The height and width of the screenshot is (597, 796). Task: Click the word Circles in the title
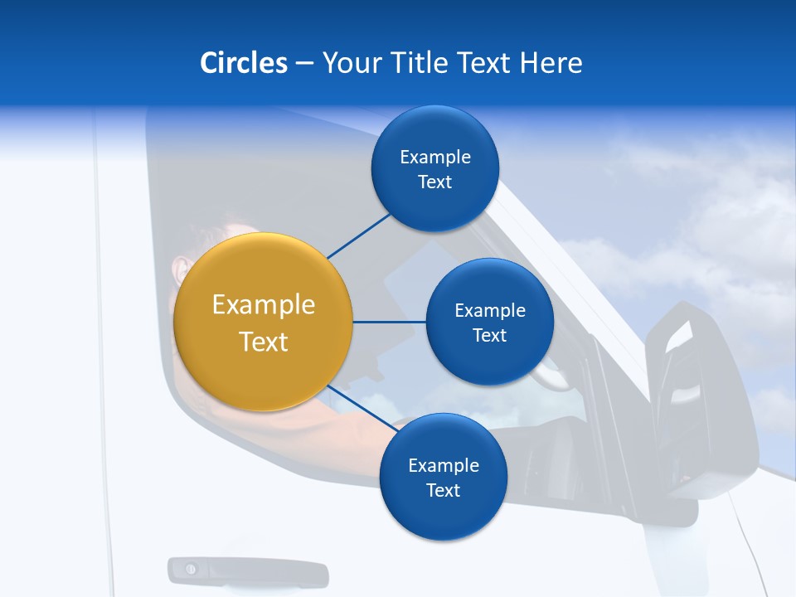[x=244, y=63]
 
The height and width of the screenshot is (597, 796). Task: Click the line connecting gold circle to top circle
[x=358, y=236]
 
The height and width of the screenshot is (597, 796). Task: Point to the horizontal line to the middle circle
[x=389, y=322]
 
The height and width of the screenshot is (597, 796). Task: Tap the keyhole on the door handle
[x=192, y=569]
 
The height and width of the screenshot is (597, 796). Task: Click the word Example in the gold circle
[x=264, y=305]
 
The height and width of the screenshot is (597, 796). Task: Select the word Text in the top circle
[x=434, y=182]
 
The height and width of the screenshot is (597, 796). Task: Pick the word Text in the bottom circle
[x=443, y=490]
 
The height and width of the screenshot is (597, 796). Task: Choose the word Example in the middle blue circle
[x=489, y=311]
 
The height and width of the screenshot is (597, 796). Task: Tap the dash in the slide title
[x=303, y=64]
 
